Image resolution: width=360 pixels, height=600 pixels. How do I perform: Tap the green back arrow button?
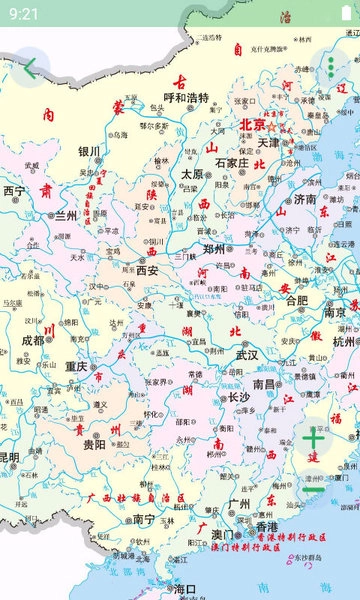(x=30, y=68)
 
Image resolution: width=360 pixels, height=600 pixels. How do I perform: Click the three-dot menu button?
(x=331, y=68)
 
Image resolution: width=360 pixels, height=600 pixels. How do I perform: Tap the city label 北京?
(x=252, y=125)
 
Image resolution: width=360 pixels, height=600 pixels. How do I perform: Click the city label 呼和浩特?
(x=186, y=98)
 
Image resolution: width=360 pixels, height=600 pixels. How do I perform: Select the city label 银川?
(x=89, y=152)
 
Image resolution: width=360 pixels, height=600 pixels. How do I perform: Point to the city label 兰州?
(x=65, y=215)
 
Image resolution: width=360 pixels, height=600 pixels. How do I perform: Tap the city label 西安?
(x=148, y=270)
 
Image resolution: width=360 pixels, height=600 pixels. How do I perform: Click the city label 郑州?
(x=215, y=249)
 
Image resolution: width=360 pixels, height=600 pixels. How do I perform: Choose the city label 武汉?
(x=246, y=355)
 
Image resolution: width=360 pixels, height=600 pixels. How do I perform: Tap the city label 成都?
(x=33, y=340)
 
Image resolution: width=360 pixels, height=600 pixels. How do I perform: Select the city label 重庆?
(x=77, y=366)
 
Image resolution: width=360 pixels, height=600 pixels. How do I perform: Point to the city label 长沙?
(x=239, y=397)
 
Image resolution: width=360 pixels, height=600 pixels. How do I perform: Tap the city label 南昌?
(x=264, y=383)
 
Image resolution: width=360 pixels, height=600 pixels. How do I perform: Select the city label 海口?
(x=185, y=590)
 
